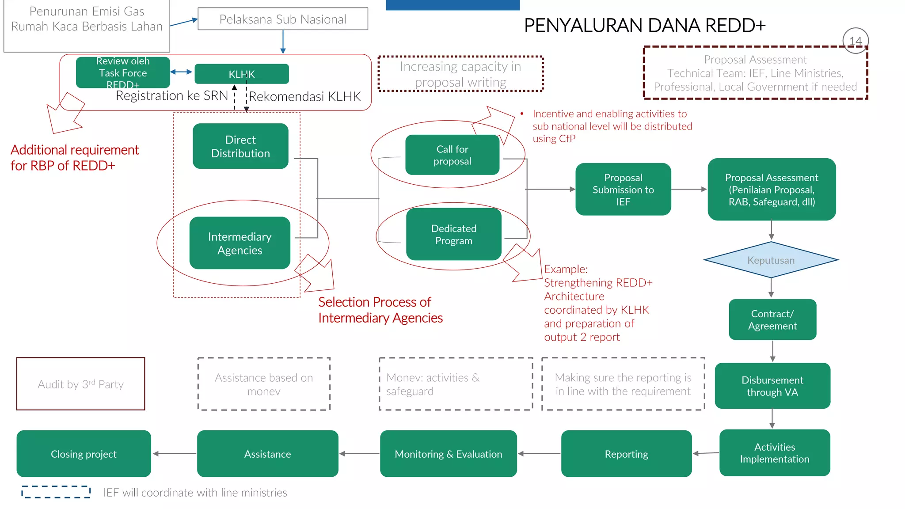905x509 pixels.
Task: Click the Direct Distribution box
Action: (240, 146)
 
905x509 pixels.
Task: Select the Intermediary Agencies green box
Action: (240, 243)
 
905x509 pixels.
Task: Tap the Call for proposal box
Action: (452, 155)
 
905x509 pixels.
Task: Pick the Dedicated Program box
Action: (453, 234)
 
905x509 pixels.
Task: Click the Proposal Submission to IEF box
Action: (623, 190)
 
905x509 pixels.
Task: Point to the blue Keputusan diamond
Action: (771, 260)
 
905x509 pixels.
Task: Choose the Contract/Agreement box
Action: (772, 319)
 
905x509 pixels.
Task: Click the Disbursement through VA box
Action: (772, 386)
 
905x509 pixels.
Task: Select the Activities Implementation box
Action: (774, 453)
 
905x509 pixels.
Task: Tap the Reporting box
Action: (626, 454)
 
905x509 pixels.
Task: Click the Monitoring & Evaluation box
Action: (448, 454)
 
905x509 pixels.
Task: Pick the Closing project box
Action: (84, 454)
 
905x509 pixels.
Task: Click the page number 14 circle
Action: (856, 41)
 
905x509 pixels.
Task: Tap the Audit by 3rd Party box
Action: (80, 384)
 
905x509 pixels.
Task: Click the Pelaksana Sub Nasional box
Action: (283, 19)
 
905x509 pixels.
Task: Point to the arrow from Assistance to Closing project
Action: (175, 454)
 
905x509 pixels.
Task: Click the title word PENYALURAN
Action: (587, 26)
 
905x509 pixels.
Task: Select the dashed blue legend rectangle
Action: (56, 492)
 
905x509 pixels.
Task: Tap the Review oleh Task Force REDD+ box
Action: (123, 72)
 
